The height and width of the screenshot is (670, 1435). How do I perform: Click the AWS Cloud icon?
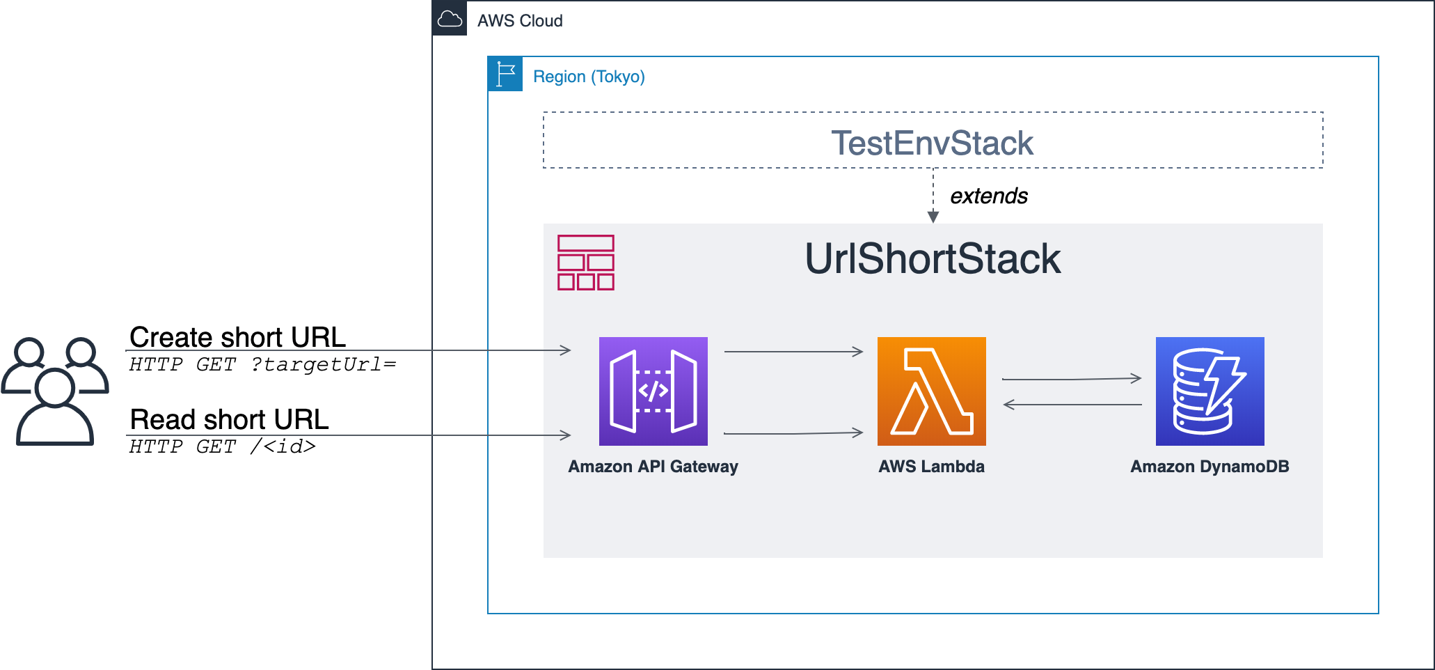[450, 18]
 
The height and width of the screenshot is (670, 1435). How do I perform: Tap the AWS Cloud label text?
[520, 21]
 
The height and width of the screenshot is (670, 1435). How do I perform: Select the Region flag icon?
[505, 74]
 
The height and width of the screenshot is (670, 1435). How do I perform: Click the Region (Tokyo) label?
[589, 77]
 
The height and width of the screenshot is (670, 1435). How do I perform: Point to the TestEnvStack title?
[933, 143]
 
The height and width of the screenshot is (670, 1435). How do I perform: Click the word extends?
[989, 196]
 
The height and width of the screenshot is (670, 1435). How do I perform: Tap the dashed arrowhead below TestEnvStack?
[933, 217]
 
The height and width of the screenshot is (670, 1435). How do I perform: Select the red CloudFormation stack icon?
[586, 263]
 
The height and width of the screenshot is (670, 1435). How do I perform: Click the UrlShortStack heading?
[933, 258]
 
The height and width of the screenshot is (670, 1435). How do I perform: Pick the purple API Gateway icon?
[653, 391]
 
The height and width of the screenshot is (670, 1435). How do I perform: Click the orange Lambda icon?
[932, 391]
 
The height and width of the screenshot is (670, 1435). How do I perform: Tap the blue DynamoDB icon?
[1210, 391]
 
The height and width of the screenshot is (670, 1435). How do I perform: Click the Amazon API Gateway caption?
[653, 467]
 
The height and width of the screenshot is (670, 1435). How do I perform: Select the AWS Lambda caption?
[932, 467]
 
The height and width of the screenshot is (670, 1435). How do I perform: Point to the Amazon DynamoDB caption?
[1210, 467]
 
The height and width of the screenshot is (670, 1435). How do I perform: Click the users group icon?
[55, 391]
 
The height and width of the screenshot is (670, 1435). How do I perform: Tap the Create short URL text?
[238, 337]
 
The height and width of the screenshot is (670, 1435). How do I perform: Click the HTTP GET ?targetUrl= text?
[262, 364]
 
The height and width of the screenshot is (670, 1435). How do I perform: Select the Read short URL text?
[230, 419]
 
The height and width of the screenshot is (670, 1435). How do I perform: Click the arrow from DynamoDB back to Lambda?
[1072, 404]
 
